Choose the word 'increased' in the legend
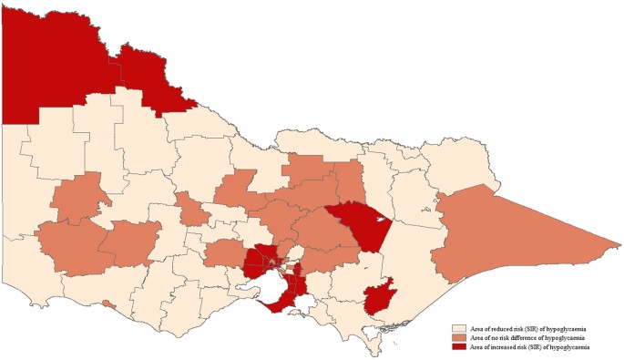[496, 347]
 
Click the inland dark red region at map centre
[360, 223]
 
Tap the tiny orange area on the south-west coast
[109, 304]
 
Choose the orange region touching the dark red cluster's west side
[223, 254]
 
